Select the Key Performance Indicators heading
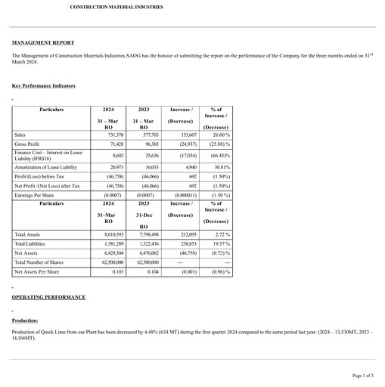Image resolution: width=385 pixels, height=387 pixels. pos(43,86)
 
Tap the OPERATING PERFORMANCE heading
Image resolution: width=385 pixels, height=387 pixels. pos(48,297)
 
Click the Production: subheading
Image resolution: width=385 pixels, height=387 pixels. pos(25,320)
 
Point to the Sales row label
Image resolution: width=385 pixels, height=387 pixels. pos(20,135)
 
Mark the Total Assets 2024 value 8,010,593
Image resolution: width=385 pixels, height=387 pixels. pos(108,235)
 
